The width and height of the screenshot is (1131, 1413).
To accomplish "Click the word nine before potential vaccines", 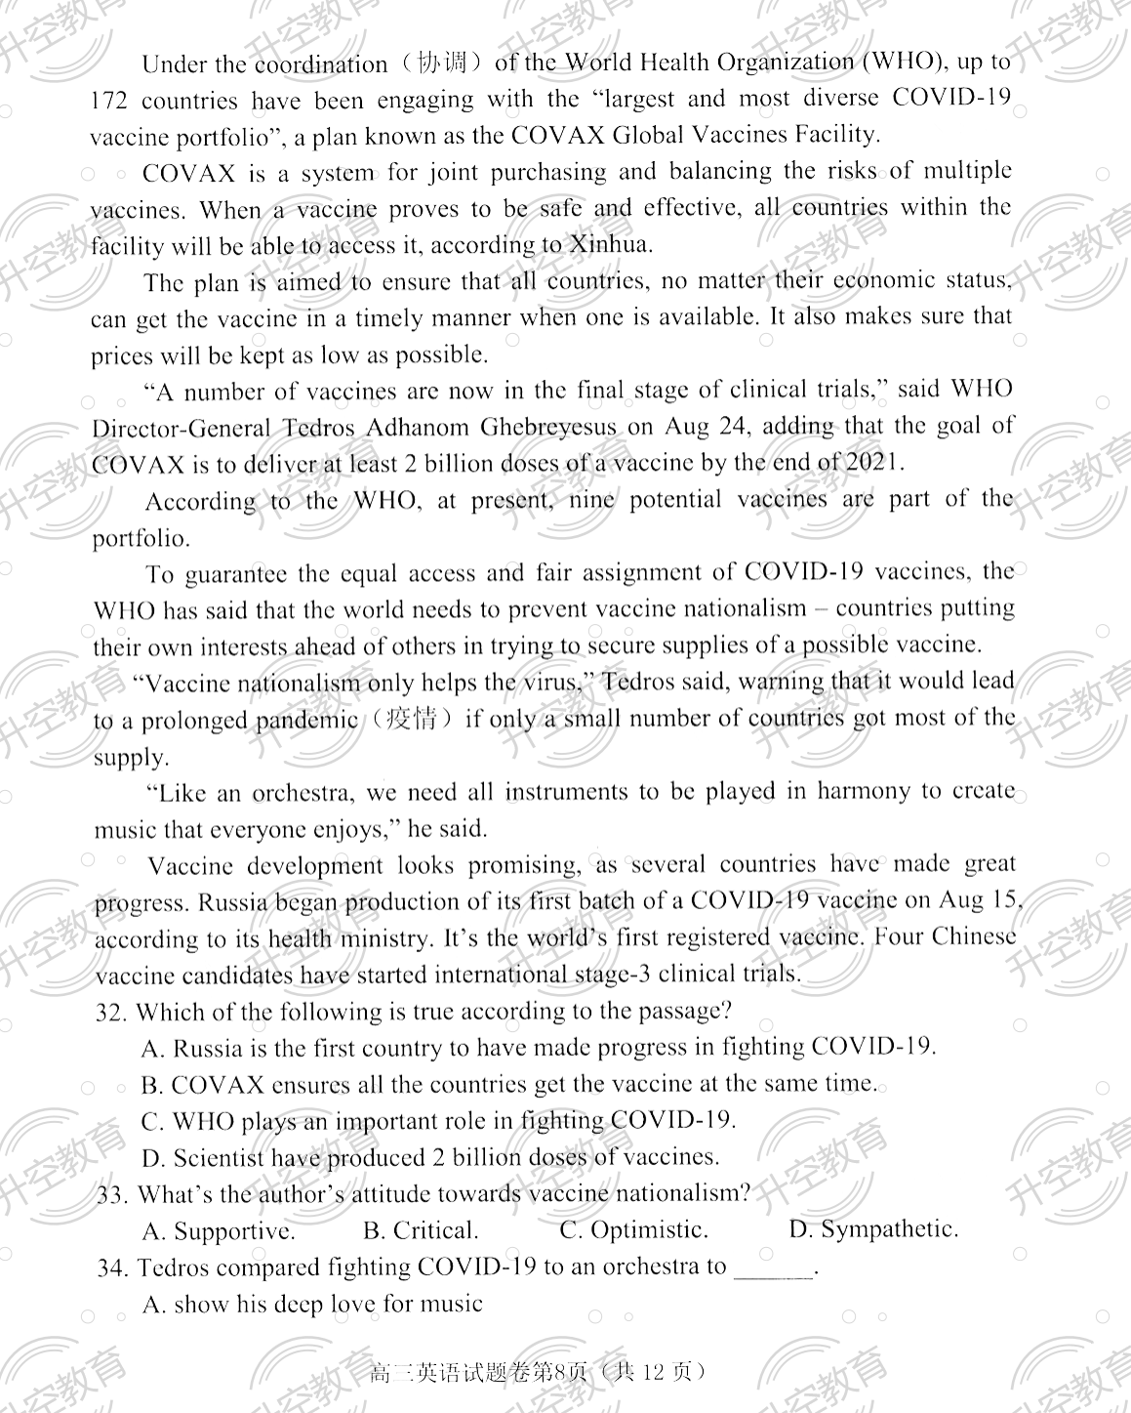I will click(x=588, y=500).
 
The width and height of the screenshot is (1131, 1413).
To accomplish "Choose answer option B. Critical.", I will click(x=421, y=1230).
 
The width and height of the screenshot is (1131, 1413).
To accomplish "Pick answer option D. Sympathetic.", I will click(x=873, y=1229).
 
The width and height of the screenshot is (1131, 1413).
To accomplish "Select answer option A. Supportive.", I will click(x=219, y=1230).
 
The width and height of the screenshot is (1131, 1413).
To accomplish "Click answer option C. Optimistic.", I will click(x=633, y=1229).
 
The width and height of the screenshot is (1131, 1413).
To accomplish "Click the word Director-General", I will click(x=182, y=429).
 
